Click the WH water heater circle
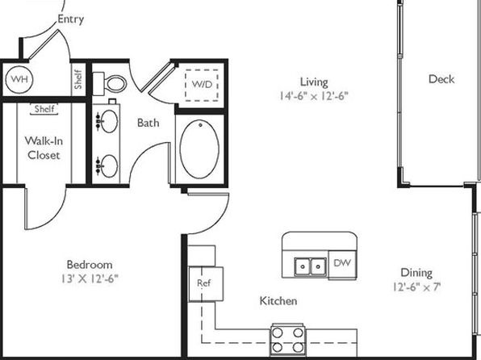(19, 79)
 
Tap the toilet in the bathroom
(110, 83)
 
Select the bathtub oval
(199, 149)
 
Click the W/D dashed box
(202, 86)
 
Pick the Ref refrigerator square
(206, 284)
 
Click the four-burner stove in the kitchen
(287, 340)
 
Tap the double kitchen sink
(310, 266)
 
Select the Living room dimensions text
(314, 96)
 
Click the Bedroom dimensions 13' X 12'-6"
(90, 278)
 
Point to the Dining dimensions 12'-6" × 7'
(417, 287)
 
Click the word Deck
(441, 79)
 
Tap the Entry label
(71, 19)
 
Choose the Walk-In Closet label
(44, 148)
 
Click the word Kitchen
(278, 301)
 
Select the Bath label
(148, 123)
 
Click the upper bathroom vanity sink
(109, 121)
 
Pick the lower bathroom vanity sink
(109, 166)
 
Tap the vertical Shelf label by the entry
(78, 79)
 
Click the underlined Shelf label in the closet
(44, 109)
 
